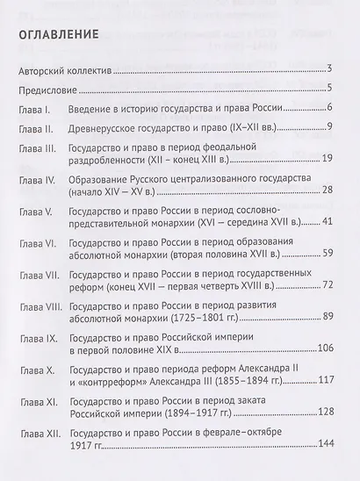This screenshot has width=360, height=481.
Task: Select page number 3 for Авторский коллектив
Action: point(328,69)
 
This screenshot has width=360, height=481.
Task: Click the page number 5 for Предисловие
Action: point(328,89)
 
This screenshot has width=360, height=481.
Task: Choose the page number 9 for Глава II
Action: point(328,127)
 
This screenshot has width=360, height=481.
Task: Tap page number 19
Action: point(324,161)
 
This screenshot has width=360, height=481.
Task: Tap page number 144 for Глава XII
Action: point(320,444)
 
